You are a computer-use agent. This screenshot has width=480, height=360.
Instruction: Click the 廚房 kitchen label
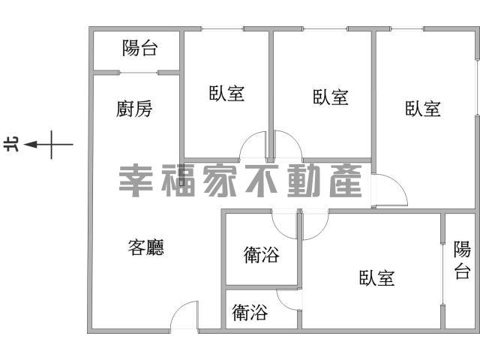click(x=134, y=109)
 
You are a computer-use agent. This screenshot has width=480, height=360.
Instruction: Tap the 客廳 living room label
click(x=146, y=247)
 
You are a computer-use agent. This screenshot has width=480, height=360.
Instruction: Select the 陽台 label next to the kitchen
click(x=140, y=48)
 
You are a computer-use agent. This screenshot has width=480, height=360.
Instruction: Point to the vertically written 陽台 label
click(x=462, y=260)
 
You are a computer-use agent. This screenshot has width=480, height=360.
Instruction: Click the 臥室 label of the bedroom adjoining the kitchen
click(x=226, y=93)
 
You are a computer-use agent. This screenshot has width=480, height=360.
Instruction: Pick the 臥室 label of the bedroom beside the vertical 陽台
click(x=376, y=278)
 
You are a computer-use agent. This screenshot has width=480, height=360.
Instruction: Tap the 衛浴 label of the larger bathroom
click(x=262, y=255)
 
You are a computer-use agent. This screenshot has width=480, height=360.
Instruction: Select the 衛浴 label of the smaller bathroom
click(x=250, y=312)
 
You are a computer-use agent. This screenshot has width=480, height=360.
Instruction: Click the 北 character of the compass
click(x=11, y=144)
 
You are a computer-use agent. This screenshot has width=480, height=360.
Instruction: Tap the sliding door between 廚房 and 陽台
click(x=138, y=73)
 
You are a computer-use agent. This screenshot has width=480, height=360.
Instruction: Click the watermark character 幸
click(x=136, y=181)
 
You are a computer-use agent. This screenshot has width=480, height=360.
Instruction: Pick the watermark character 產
click(x=346, y=181)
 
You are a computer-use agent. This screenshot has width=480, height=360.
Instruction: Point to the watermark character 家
click(x=220, y=181)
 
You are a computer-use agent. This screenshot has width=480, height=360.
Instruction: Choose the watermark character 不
click(x=262, y=181)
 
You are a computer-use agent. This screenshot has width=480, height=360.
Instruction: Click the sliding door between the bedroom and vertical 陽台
click(x=442, y=274)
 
